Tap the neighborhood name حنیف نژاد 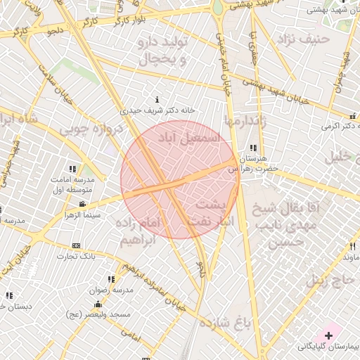click(x=303, y=39)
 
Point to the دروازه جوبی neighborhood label click(x=89, y=129)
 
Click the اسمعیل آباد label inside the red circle click(x=189, y=136)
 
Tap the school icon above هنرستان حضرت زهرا click(x=252, y=148)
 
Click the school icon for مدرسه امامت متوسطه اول click(x=72, y=169)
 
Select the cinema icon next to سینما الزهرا click(x=82, y=204)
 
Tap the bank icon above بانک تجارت click(x=77, y=245)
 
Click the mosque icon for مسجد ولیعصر click(x=98, y=304)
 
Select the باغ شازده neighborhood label click(x=225, y=323)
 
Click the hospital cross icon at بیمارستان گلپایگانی click(x=328, y=335)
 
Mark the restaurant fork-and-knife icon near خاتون click(x=352, y=246)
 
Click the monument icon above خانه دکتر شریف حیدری click(x=157, y=99)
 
